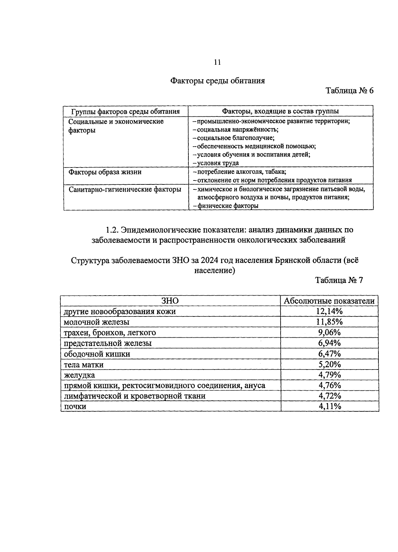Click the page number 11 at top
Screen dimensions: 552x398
218,62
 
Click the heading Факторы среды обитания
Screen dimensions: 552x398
218,81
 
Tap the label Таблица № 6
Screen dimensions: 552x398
350,91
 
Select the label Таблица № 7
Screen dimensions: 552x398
339,280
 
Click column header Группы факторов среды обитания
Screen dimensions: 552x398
126,111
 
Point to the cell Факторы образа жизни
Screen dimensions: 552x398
105,172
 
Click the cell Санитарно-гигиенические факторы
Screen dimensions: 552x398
125,190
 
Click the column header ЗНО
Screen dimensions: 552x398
170,301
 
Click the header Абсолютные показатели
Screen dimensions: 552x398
329,301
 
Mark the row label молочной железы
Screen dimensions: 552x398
97,322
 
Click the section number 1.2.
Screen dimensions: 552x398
112,230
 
